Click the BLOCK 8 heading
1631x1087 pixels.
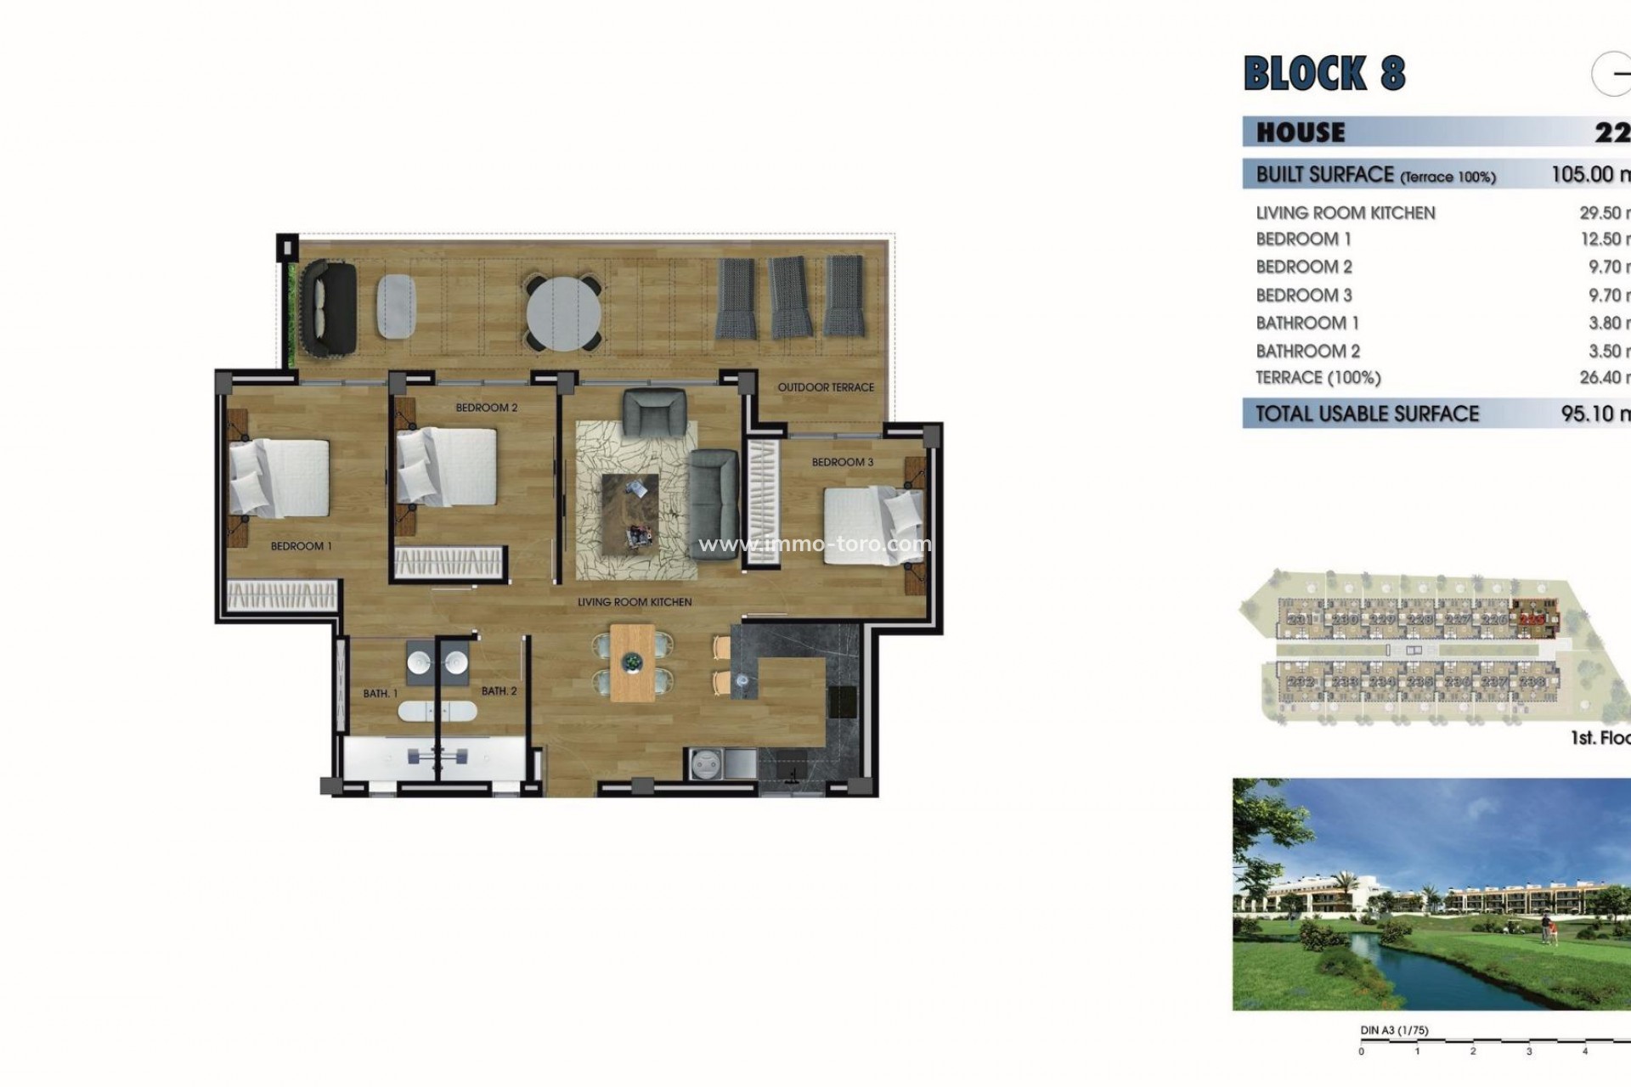[1323, 73]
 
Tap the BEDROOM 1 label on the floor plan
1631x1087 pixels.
[301, 546]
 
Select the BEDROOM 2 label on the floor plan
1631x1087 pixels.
[486, 408]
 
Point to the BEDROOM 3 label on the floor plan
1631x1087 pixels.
[842, 462]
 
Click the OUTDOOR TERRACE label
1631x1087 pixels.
[825, 387]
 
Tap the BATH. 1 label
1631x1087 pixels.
[380, 694]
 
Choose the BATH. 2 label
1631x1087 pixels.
[499, 691]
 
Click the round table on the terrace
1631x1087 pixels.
[563, 312]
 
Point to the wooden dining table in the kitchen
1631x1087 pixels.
[632, 662]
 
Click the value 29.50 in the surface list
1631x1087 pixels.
[1600, 213]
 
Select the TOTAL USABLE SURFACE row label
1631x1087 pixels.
[1367, 414]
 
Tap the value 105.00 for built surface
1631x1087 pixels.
[1585, 174]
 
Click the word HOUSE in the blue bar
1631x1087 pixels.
[1301, 132]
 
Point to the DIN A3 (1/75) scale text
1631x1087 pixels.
[1394, 1030]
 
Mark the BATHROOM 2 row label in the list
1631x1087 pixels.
[1307, 351]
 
